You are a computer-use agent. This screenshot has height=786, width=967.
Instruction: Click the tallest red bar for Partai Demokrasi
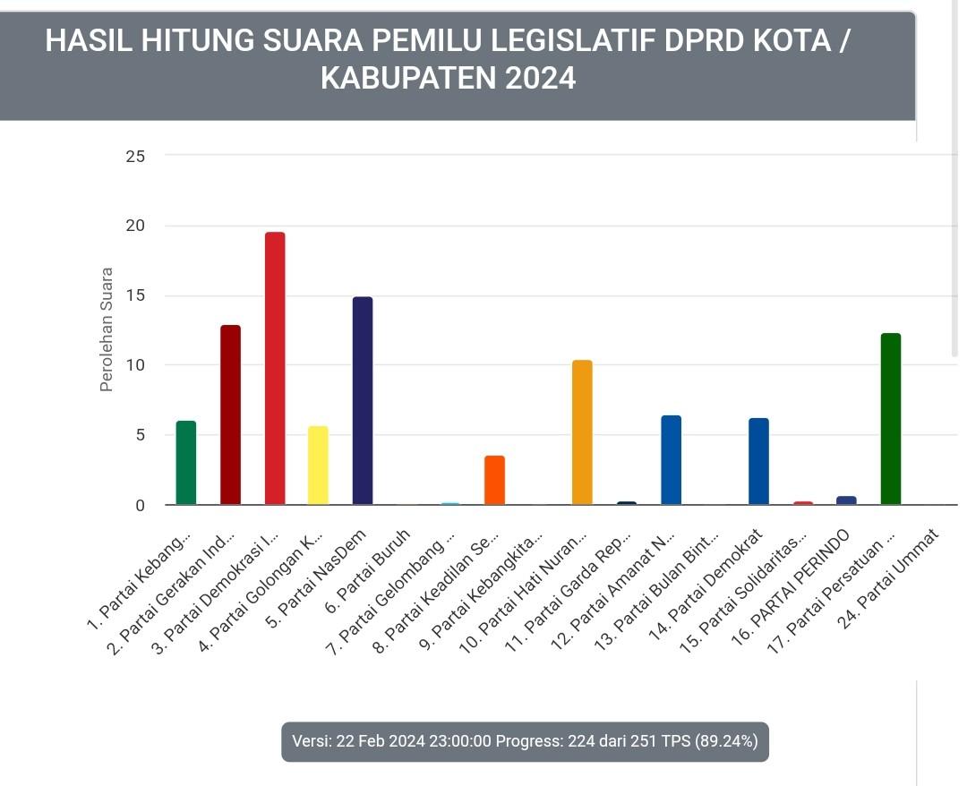pos(274,369)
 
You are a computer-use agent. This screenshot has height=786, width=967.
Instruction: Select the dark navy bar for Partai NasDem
pos(363,401)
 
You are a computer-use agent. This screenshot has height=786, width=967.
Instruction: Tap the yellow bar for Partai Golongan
pos(318,466)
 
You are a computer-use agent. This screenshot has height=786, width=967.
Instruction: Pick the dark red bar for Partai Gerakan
pos(230,415)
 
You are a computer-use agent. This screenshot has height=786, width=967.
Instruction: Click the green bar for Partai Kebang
pos(186,463)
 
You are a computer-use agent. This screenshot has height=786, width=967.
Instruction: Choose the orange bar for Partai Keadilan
pos(494,481)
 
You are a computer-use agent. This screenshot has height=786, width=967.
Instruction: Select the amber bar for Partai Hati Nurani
pos(582,432)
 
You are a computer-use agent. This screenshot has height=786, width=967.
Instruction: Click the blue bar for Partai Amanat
pos(671,460)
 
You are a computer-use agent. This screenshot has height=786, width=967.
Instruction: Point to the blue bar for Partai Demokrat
pos(758,462)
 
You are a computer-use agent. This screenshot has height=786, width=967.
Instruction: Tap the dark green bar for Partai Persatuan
pos(891,419)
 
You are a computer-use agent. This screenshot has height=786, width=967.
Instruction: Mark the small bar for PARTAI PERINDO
pos(846,500)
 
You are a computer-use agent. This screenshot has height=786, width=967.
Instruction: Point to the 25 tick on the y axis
pos(135,157)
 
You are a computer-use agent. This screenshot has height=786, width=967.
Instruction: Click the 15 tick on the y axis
pos(135,296)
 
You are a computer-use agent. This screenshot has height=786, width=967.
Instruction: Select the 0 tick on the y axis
pos(140,506)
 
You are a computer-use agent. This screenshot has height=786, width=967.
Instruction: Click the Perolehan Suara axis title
pos(107,329)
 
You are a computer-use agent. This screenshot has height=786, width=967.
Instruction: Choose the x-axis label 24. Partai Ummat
pos(890,578)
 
